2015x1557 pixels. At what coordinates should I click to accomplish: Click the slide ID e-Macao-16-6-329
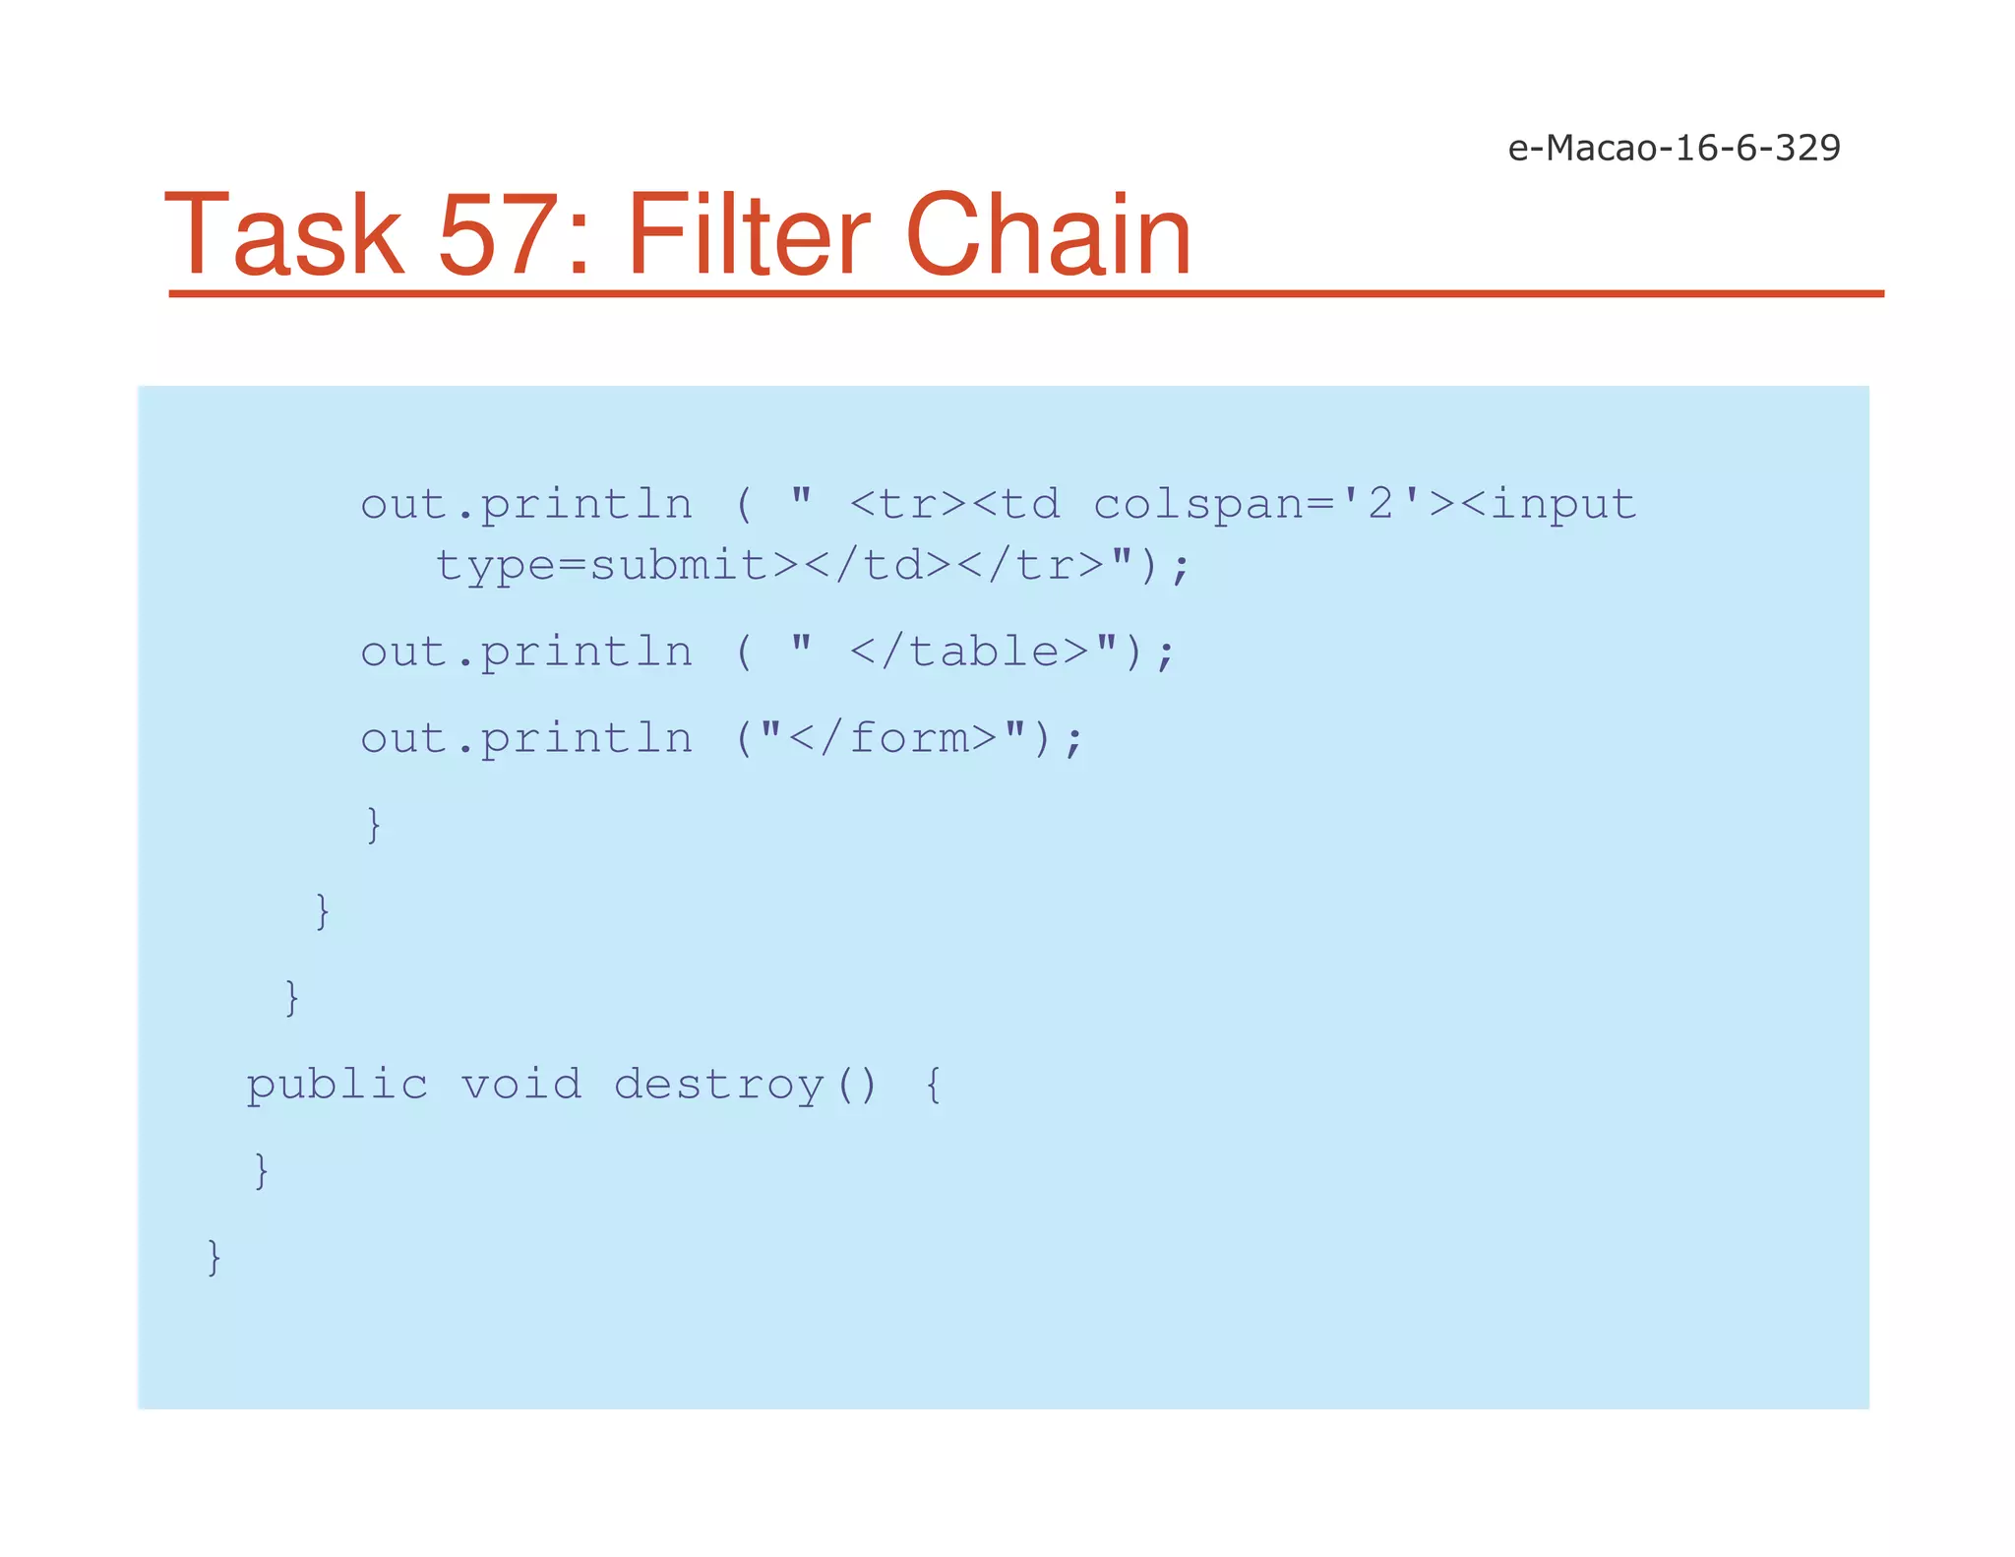pos(1674,148)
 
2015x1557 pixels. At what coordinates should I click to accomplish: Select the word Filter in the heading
pos(747,236)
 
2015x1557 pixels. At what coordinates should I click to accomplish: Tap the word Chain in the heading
pos(1047,236)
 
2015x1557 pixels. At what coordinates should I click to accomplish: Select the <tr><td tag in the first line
pos(954,505)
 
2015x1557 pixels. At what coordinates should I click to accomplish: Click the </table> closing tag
pos(969,652)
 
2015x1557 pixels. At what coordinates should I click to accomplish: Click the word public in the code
pos(336,1085)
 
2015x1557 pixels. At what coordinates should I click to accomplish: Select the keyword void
pos(521,1085)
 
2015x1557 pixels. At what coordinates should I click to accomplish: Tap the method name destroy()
pos(745,1085)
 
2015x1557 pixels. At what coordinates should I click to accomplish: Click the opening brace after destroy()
pos(933,1085)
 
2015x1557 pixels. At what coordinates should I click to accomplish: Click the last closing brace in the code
pos(214,1257)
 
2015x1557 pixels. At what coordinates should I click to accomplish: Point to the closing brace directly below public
pos(261,1170)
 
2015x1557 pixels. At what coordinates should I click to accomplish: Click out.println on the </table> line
pos(526,652)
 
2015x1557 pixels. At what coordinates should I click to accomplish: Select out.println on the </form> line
pos(526,738)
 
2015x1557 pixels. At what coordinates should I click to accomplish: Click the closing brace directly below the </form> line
pos(373,824)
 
